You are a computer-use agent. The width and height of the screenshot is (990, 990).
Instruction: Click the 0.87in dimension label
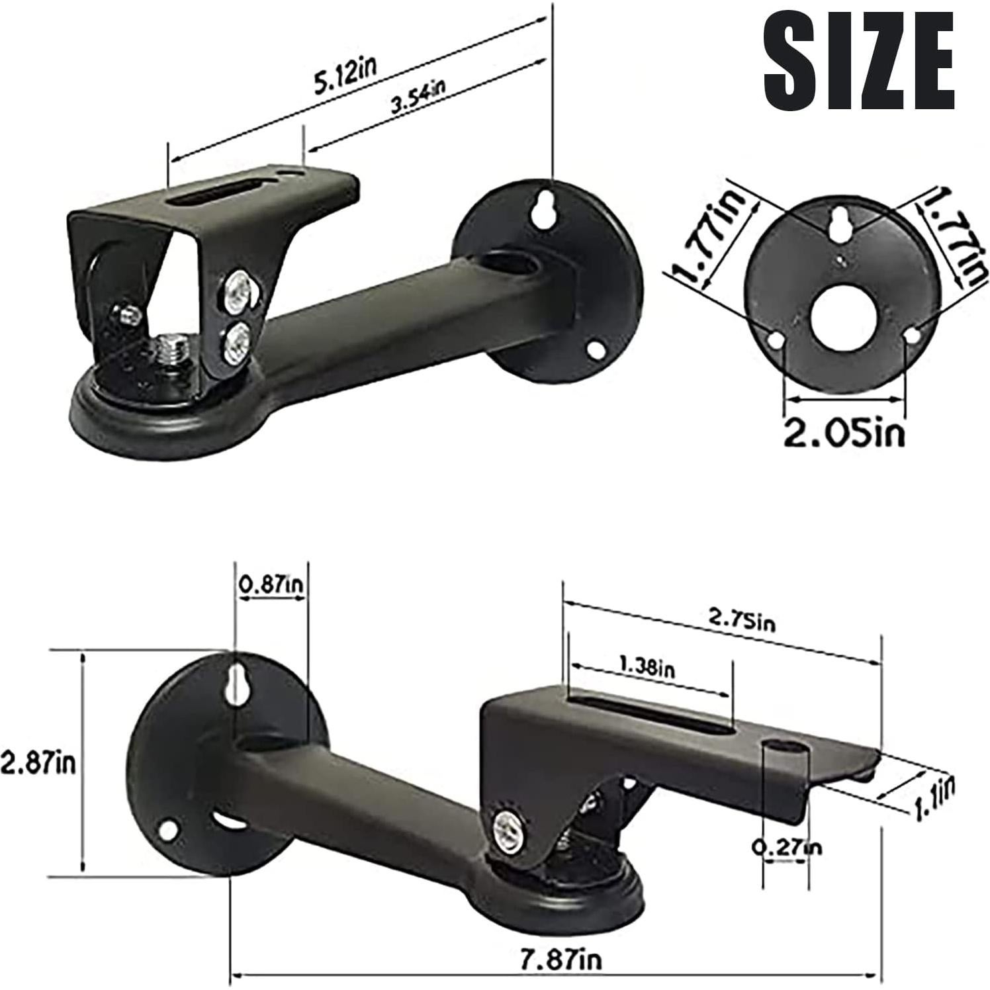271,584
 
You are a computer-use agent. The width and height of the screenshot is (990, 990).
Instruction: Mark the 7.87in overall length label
561,960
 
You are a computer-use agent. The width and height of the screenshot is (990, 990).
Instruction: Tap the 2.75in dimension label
741,620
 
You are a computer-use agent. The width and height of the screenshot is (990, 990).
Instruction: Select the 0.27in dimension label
787,846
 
